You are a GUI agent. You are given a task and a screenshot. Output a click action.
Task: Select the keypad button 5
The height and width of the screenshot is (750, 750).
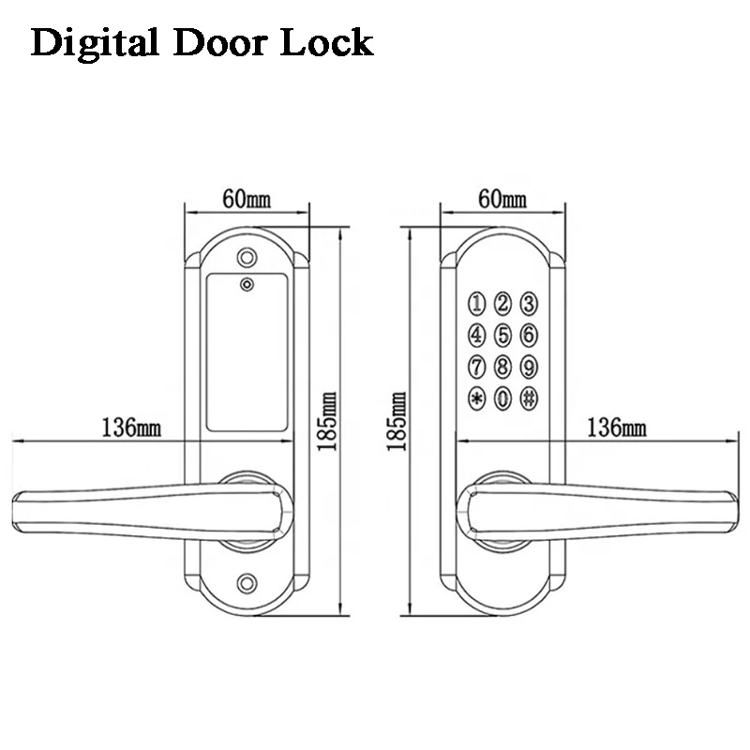click(x=502, y=334)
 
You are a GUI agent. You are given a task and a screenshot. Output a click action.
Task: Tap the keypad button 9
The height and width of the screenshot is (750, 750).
click(x=529, y=366)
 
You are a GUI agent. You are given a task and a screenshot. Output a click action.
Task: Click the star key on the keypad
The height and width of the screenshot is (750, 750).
click(x=476, y=397)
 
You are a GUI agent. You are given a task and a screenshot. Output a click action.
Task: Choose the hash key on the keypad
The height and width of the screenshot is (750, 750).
click(x=529, y=397)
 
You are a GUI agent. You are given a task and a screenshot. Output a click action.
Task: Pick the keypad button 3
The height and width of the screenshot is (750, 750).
click(x=529, y=302)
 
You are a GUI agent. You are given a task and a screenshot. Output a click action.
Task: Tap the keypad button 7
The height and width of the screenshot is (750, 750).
click(x=476, y=366)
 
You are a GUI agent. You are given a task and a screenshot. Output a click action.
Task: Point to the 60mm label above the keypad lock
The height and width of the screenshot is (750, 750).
click(x=502, y=198)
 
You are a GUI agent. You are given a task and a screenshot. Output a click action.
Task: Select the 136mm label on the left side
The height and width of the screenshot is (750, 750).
click(x=127, y=427)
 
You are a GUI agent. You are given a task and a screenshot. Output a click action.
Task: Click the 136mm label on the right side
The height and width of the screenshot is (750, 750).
click(x=616, y=427)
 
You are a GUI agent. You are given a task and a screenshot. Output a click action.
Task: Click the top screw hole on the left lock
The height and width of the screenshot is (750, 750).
click(x=247, y=255)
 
